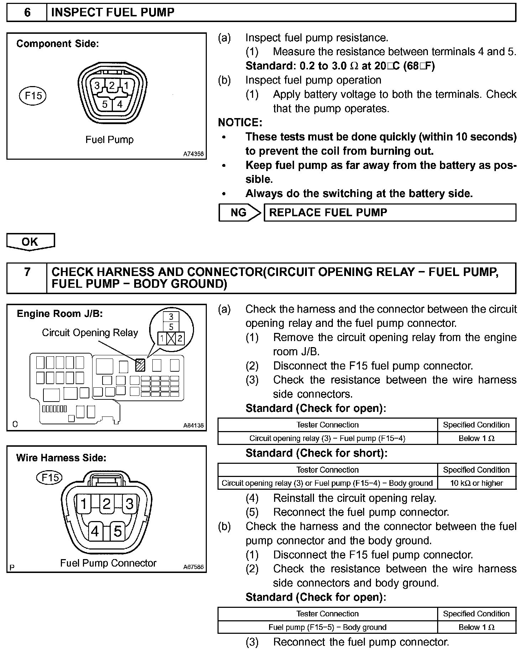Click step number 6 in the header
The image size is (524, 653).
pyautogui.click(x=27, y=13)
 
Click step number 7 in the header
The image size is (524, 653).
pyautogui.click(x=27, y=272)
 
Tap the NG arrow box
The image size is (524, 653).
pyautogui.click(x=239, y=213)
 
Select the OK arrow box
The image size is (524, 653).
pyautogui.click(x=30, y=242)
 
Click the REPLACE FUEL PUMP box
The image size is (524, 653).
pyautogui.click(x=389, y=213)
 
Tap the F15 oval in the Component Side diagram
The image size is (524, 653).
pyautogui.click(x=33, y=96)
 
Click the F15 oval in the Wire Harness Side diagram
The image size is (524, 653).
pyautogui.click(x=49, y=477)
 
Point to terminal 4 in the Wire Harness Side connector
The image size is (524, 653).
pyautogui.click(x=95, y=531)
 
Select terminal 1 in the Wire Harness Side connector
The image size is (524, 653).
pyautogui.click(x=84, y=504)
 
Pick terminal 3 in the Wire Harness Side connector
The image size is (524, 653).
pyautogui.click(x=130, y=504)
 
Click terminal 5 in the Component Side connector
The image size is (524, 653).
pyautogui.click(x=105, y=104)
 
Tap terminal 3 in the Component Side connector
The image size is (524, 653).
pyautogui.click(x=97, y=85)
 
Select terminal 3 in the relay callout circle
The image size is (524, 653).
pyautogui.click(x=171, y=317)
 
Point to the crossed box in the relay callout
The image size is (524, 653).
pyautogui.click(x=171, y=338)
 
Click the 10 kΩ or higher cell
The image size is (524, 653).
pyautogui.click(x=476, y=483)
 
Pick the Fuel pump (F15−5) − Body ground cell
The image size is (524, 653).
pyautogui.click(x=327, y=627)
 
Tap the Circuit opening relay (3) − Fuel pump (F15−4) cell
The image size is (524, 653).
pyautogui.click(x=327, y=438)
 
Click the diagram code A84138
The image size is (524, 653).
pyautogui.click(x=194, y=425)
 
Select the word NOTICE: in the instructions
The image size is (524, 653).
pyautogui.click(x=240, y=123)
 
